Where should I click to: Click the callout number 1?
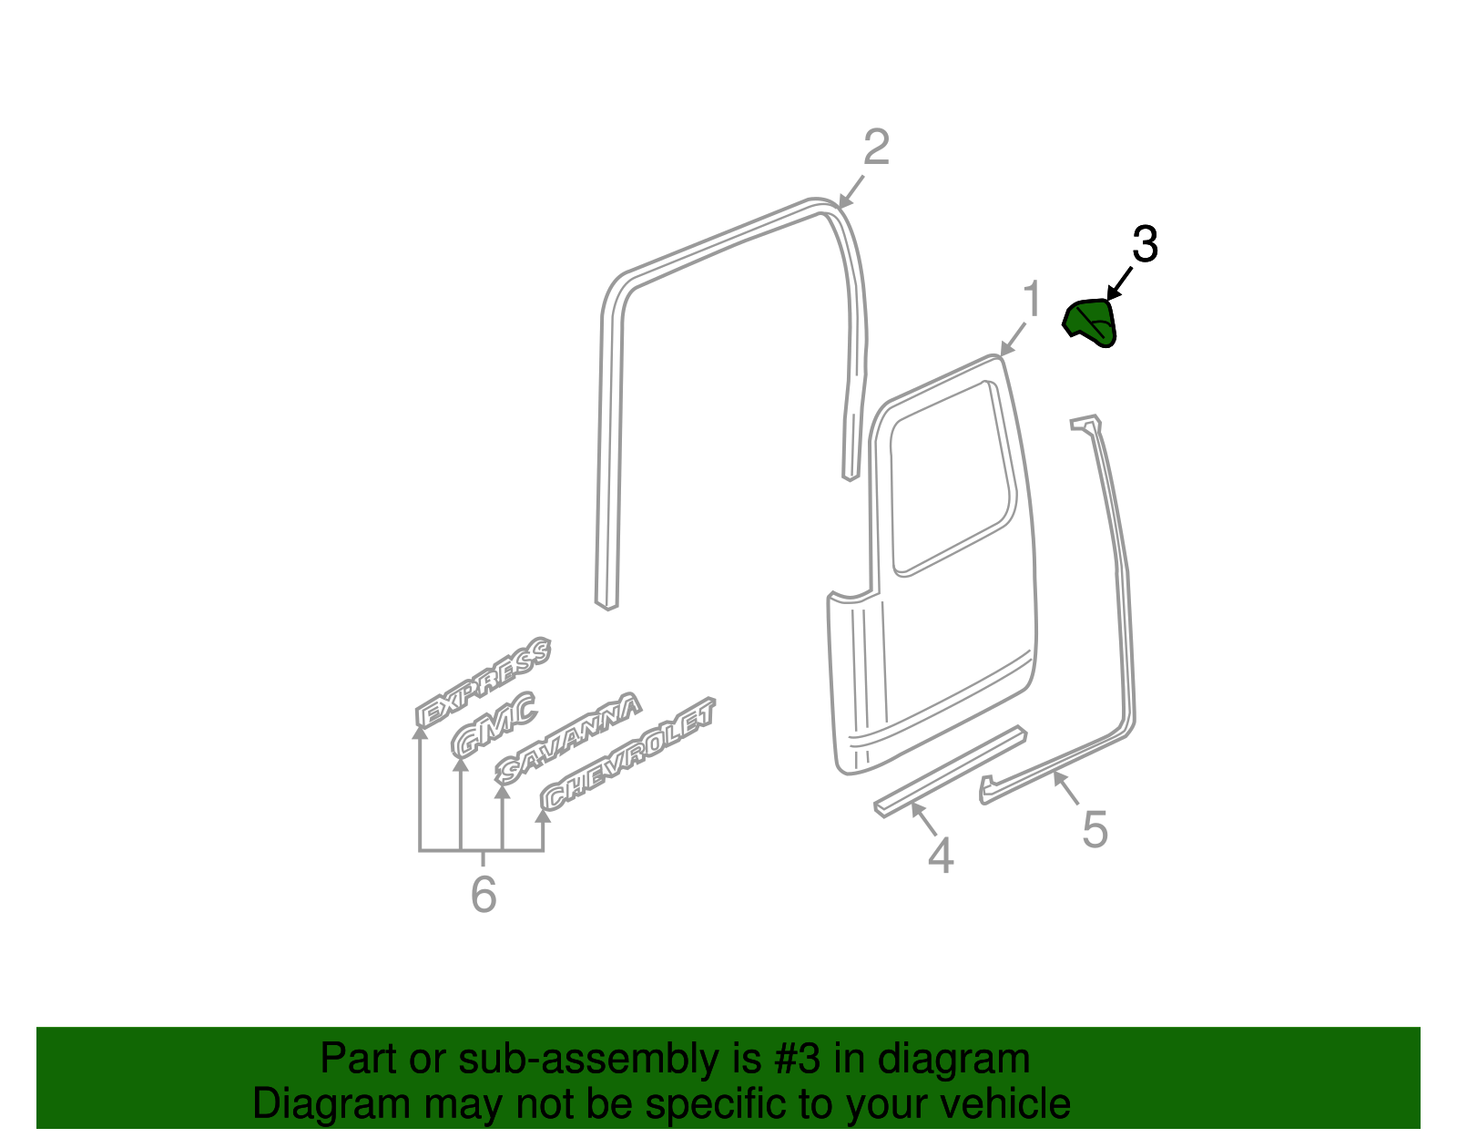(1032, 299)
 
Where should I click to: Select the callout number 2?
(876, 147)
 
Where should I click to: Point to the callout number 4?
(941, 856)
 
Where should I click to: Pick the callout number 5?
(1095, 829)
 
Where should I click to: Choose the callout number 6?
(484, 894)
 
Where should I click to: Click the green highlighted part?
(1090, 323)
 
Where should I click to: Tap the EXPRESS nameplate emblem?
(483, 682)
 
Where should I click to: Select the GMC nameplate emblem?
(494, 725)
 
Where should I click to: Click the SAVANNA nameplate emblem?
(568, 738)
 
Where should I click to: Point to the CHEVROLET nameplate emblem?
(628, 754)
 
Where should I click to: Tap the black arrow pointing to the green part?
(1119, 283)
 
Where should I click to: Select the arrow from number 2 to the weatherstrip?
(851, 191)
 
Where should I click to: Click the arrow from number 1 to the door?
(1013, 339)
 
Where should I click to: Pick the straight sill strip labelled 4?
(951, 771)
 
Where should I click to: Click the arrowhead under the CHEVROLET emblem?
(543, 815)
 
